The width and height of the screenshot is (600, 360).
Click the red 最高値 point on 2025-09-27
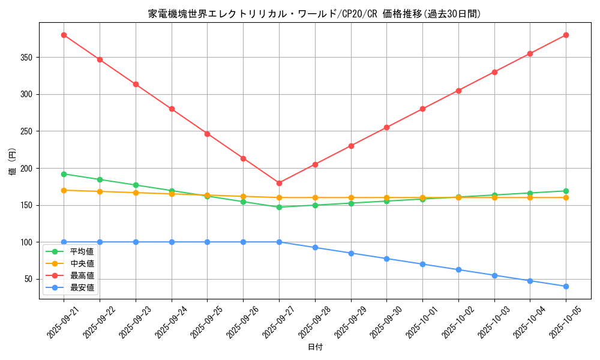click(x=279, y=183)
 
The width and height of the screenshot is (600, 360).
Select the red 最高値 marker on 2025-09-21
click(x=64, y=35)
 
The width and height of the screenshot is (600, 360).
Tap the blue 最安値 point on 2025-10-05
click(x=566, y=286)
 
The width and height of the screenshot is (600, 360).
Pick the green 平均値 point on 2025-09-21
click(x=64, y=174)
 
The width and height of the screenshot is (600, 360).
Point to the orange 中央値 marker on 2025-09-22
click(x=100, y=191)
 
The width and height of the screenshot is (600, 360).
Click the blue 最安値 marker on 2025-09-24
click(x=172, y=242)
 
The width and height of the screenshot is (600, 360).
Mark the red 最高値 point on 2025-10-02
click(x=458, y=91)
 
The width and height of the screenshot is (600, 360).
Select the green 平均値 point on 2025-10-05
click(x=566, y=191)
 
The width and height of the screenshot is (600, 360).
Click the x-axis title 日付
click(x=315, y=347)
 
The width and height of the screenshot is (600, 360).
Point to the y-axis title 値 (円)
click(x=13, y=161)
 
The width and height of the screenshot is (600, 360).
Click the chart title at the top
click(x=315, y=14)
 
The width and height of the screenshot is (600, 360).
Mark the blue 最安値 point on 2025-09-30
click(x=386, y=259)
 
